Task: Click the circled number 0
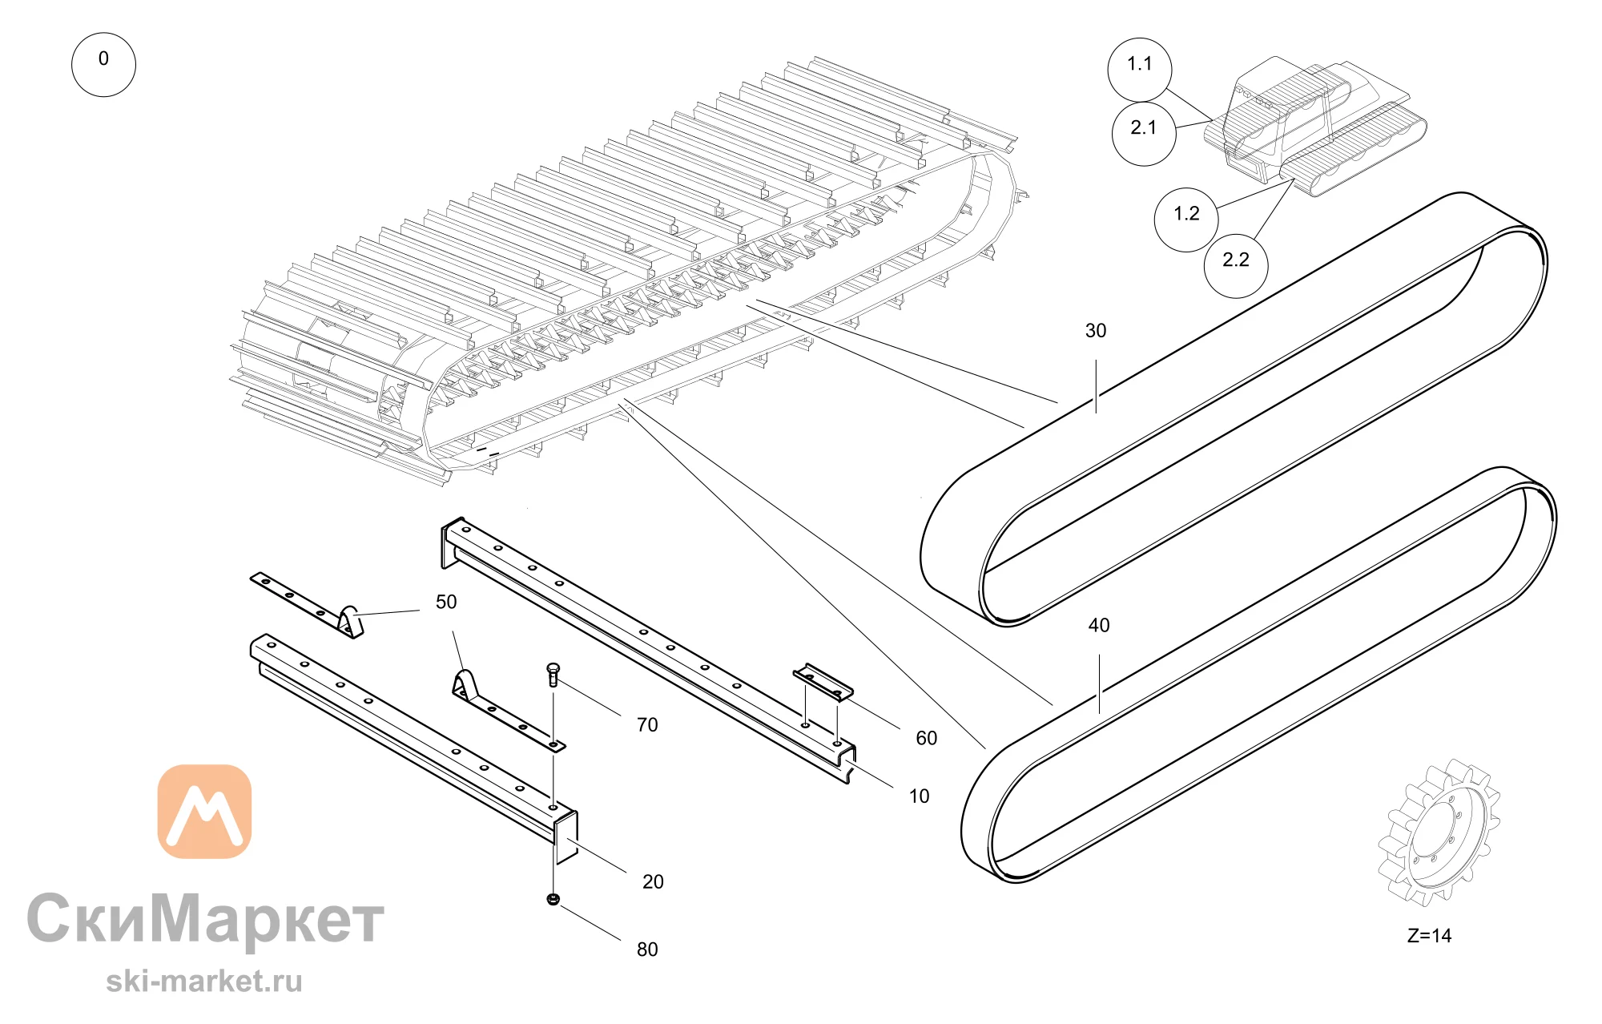click(103, 65)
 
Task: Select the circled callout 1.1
click(1140, 70)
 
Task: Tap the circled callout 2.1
click(1144, 134)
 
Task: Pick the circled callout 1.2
click(1186, 220)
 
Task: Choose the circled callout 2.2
click(1236, 266)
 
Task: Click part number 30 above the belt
click(1096, 331)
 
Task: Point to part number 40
click(1099, 626)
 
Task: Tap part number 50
click(446, 603)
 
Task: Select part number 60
click(927, 739)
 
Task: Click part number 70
click(647, 725)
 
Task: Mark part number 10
click(919, 796)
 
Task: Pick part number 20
click(653, 882)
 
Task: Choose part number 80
click(647, 950)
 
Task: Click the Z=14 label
click(1430, 936)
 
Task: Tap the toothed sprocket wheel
click(1439, 833)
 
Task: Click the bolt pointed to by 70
click(553, 675)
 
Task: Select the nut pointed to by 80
click(553, 899)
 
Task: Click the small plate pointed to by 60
click(823, 682)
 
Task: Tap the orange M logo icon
click(204, 811)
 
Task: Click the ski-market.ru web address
click(204, 982)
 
